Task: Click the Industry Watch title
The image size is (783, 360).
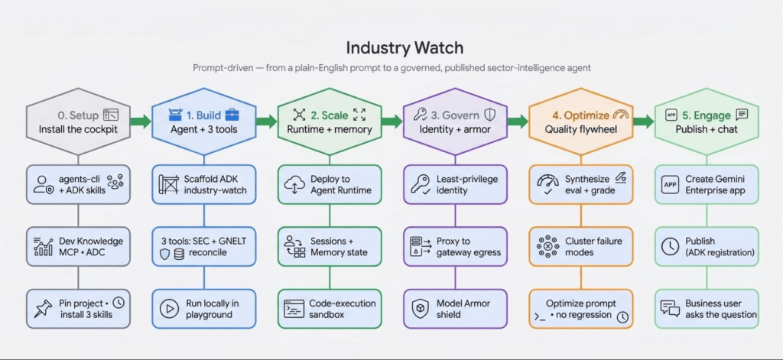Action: click(x=404, y=48)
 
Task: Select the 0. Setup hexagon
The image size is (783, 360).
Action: click(x=78, y=122)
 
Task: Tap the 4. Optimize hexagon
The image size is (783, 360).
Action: click(x=581, y=122)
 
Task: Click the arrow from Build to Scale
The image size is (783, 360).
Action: click(x=266, y=121)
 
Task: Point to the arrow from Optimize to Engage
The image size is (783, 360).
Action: click(x=644, y=121)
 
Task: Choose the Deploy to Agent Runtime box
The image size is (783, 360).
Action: click(x=330, y=184)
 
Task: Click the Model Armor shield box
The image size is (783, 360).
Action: click(x=455, y=309)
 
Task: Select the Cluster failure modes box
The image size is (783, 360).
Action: click(x=581, y=246)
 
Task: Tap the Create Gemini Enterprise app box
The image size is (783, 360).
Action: click(x=707, y=184)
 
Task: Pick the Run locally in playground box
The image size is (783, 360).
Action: click(x=203, y=309)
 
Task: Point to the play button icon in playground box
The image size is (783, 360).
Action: click(x=169, y=309)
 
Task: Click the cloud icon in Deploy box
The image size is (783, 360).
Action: click(x=294, y=185)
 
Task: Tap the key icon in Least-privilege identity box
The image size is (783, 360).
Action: click(x=420, y=183)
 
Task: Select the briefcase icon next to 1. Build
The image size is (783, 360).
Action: click(x=232, y=115)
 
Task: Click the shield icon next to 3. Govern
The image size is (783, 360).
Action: click(x=490, y=115)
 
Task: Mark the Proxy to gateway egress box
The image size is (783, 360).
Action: click(x=455, y=246)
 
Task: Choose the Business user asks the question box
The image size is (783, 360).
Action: click(x=707, y=309)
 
